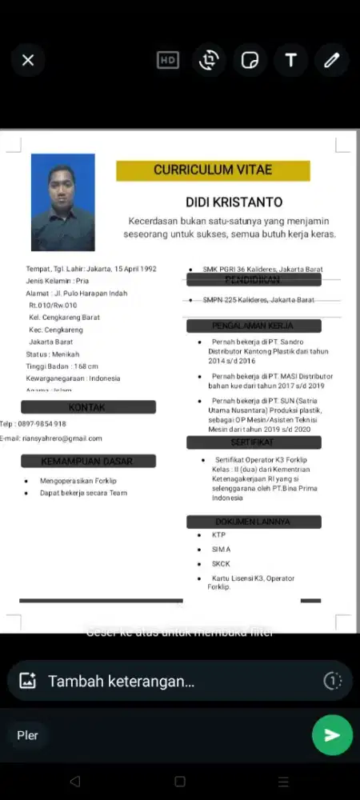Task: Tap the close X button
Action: [28, 60]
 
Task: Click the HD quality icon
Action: [168, 60]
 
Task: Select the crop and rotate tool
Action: [210, 60]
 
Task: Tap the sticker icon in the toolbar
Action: [250, 60]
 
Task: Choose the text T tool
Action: [290, 60]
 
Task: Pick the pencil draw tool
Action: [331, 60]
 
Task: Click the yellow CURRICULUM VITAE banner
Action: [213, 170]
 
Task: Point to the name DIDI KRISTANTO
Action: [234, 202]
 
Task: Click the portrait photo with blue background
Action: [63, 202]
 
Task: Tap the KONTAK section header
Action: [88, 407]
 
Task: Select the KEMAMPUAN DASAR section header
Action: [88, 461]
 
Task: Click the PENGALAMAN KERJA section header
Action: [254, 326]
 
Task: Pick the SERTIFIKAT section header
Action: [254, 442]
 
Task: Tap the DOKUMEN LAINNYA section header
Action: [254, 522]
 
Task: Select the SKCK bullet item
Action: [221, 564]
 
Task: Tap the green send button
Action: [332, 735]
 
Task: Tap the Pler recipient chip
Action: [28, 735]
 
